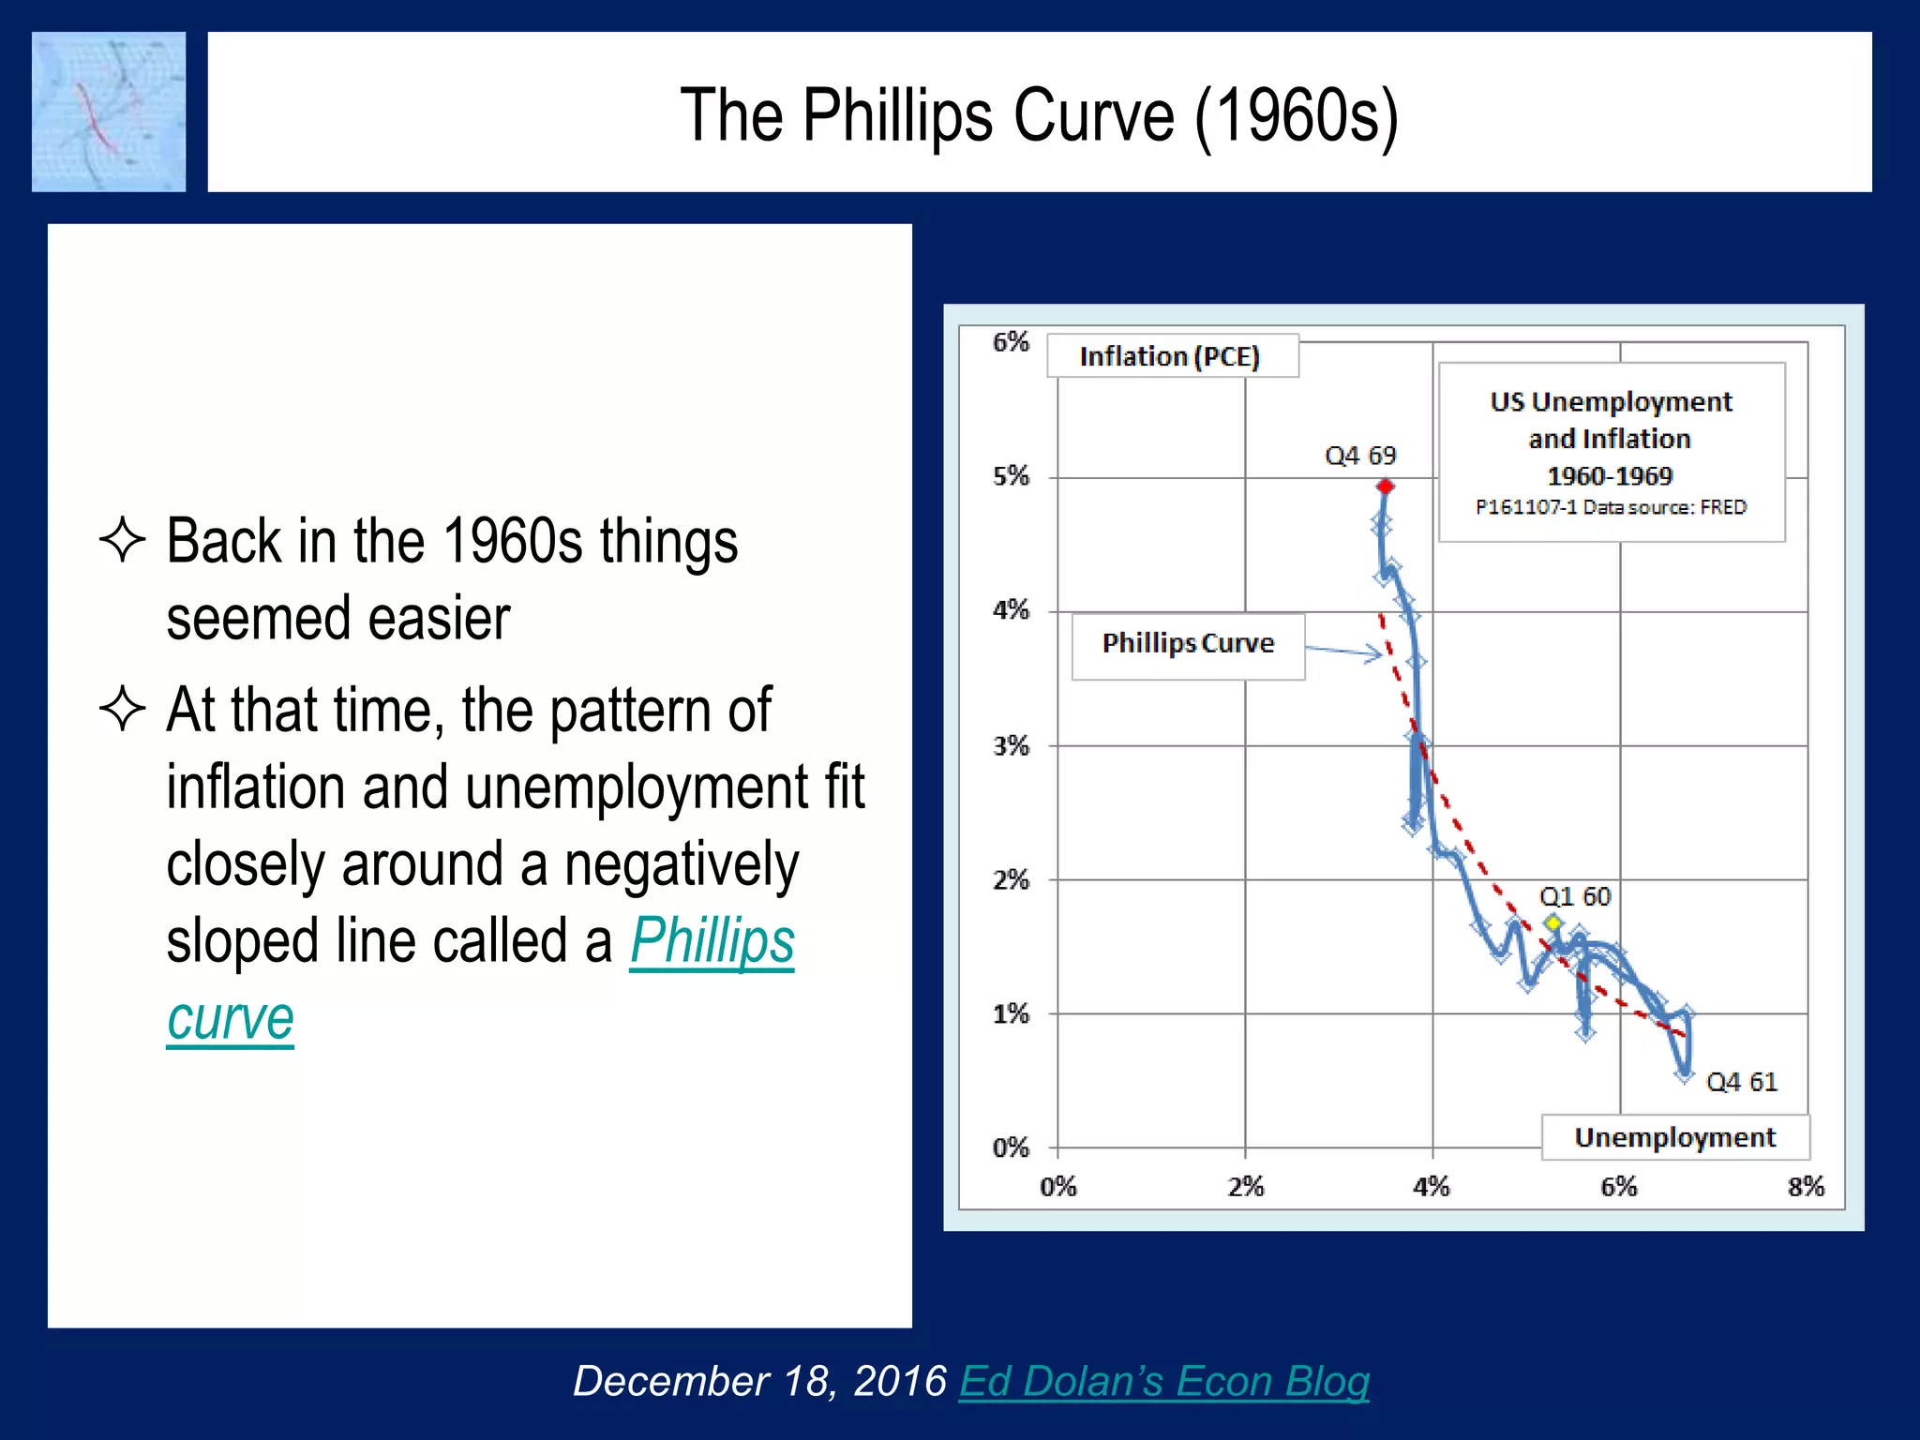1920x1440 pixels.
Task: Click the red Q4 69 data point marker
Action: click(1386, 486)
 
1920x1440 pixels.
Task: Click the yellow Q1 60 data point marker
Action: click(1553, 923)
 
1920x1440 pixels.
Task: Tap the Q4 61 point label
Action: click(1741, 1082)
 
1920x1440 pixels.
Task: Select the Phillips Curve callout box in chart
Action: click(1188, 645)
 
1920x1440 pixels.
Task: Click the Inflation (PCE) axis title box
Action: click(1171, 356)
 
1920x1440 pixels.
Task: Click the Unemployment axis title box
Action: click(1674, 1137)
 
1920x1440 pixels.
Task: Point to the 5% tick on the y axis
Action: click(1012, 476)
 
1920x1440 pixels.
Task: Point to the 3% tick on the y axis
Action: click(1012, 746)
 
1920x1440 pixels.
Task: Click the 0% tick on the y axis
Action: click(1012, 1147)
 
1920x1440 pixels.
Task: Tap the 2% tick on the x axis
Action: click(1246, 1187)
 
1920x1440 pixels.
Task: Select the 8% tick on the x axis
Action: click(1806, 1187)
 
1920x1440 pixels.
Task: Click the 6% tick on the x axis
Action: click(1619, 1187)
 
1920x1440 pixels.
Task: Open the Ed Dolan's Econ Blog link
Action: click(1163, 1382)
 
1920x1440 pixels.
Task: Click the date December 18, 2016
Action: click(759, 1382)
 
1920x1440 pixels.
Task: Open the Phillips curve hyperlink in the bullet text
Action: click(712, 941)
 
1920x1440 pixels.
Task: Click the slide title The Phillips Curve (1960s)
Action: click(1039, 114)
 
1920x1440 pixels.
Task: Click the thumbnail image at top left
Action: click(109, 112)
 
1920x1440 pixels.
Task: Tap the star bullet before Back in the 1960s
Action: click(123, 541)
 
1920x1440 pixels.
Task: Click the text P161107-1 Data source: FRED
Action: click(1611, 507)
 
